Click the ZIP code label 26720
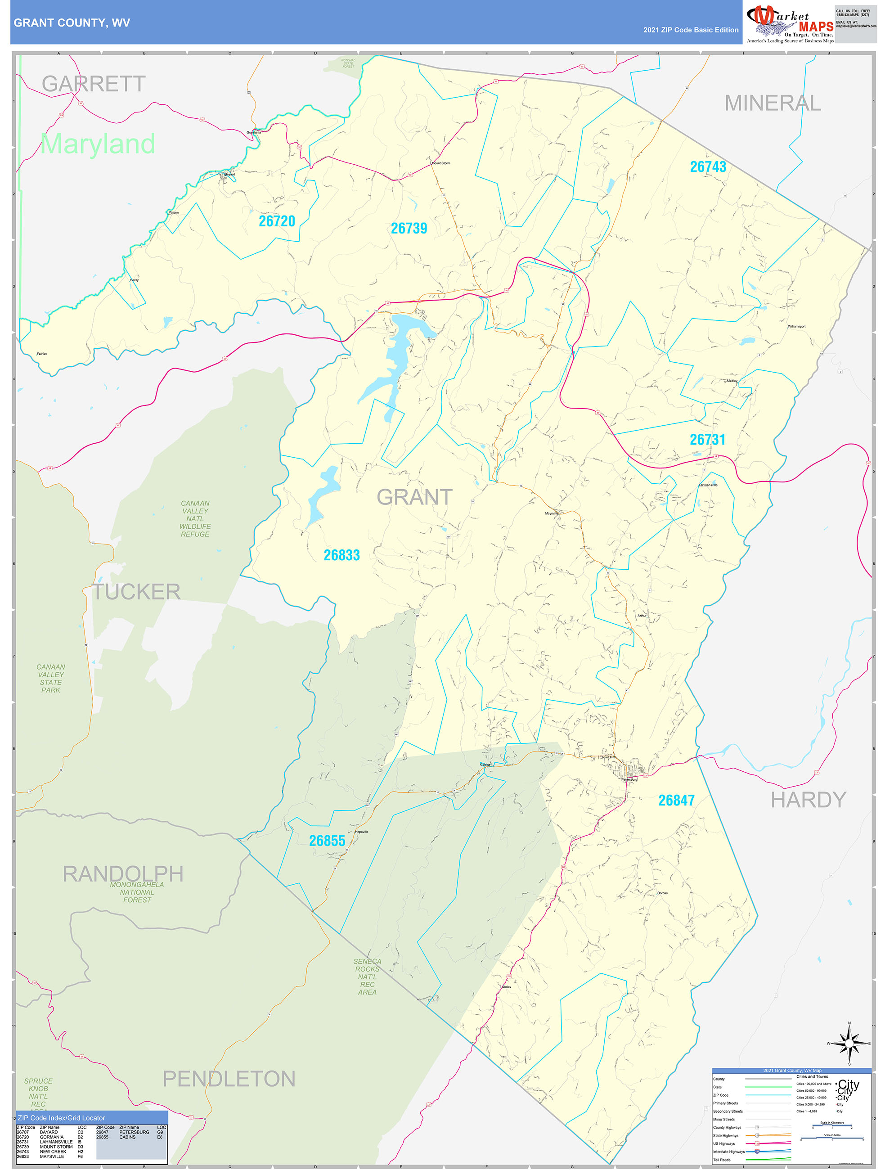click(x=277, y=221)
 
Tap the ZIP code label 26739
click(x=409, y=229)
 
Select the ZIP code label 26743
click(x=708, y=167)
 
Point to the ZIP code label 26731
click(x=707, y=440)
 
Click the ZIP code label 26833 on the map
click(x=342, y=555)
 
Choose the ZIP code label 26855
click(x=327, y=841)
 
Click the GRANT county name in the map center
click(x=414, y=498)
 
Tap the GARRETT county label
click(x=94, y=84)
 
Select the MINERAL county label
click(x=773, y=103)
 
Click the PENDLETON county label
click(x=229, y=1079)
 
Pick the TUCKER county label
click(x=136, y=592)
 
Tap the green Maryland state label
click(x=98, y=144)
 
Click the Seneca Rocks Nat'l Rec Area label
click(x=367, y=976)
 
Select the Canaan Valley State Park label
click(x=51, y=679)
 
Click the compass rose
click(x=849, y=1044)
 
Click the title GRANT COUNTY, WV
click(x=72, y=23)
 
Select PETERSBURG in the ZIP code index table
click(x=135, y=1133)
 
